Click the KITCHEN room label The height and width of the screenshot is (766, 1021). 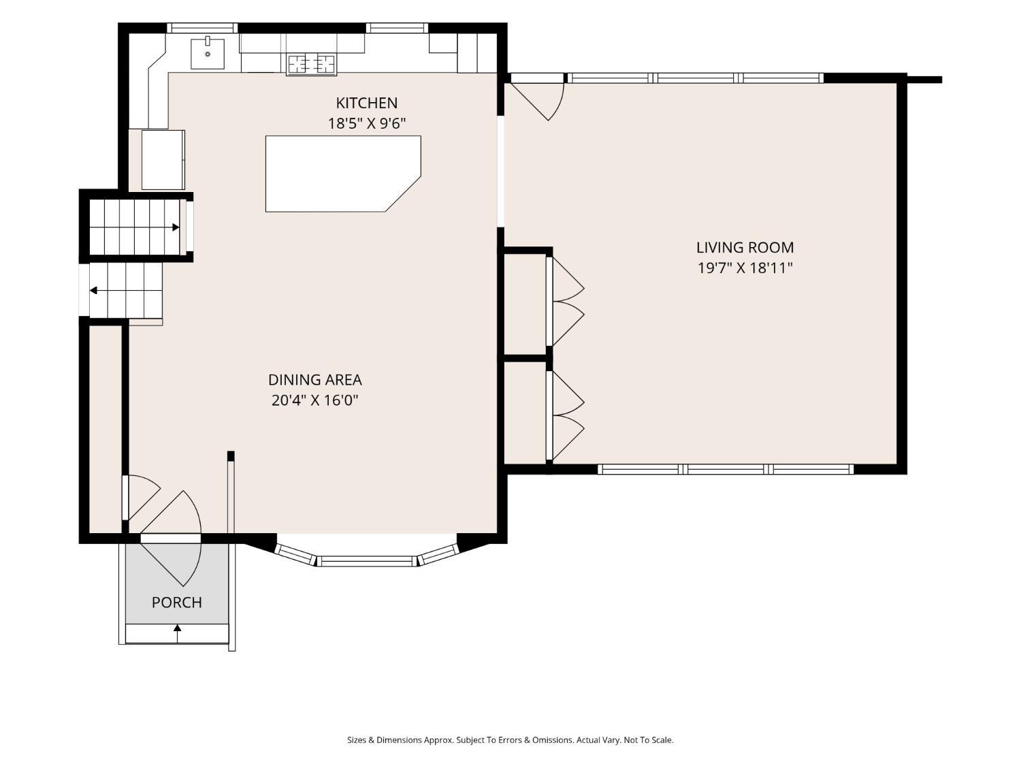pyautogui.click(x=366, y=103)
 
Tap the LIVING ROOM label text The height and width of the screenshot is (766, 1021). pyautogui.click(x=745, y=247)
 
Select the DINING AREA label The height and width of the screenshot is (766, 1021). pyautogui.click(x=315, y=380)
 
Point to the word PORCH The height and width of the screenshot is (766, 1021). pyautogui.click(x=177, y=603)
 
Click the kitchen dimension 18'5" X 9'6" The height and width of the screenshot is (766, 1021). pyautogui.click(x=367, y=124)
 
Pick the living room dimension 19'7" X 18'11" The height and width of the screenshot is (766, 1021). pyautogui.click(x=745, y=268)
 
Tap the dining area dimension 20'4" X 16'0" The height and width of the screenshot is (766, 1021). pyautogui.click(x=315, y=400)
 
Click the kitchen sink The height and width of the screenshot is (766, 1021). pyautogui.click(x=208, y=54)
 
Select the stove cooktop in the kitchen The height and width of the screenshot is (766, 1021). pyautogui.click(x=312, y=65)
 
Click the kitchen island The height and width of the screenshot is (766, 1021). pyautogui.click(x=343, y=174)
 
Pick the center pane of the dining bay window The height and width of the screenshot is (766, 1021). pyautogui.click(x=367, y=561)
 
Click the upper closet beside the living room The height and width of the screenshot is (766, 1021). pyautogui.click(x=525, y=304)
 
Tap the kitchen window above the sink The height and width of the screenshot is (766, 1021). pyautogui.click(x=202, y=28)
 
